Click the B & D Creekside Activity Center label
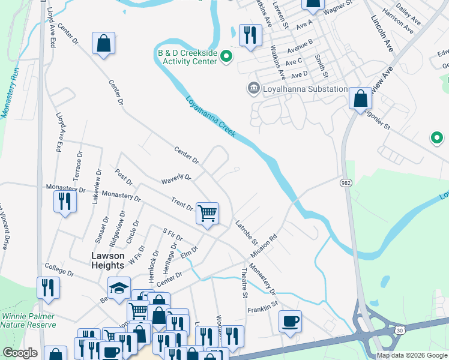coord(187,58)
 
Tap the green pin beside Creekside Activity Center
coord(226,58)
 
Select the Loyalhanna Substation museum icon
coord(253,89)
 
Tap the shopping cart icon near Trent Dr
coord(207,213)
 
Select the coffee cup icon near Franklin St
coord(290,321)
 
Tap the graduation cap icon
coord(119,287)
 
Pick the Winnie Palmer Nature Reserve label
coord(28,320)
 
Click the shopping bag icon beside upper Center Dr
coord(103,43)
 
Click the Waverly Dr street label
coord(176,179)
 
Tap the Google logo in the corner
coord(19,353)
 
